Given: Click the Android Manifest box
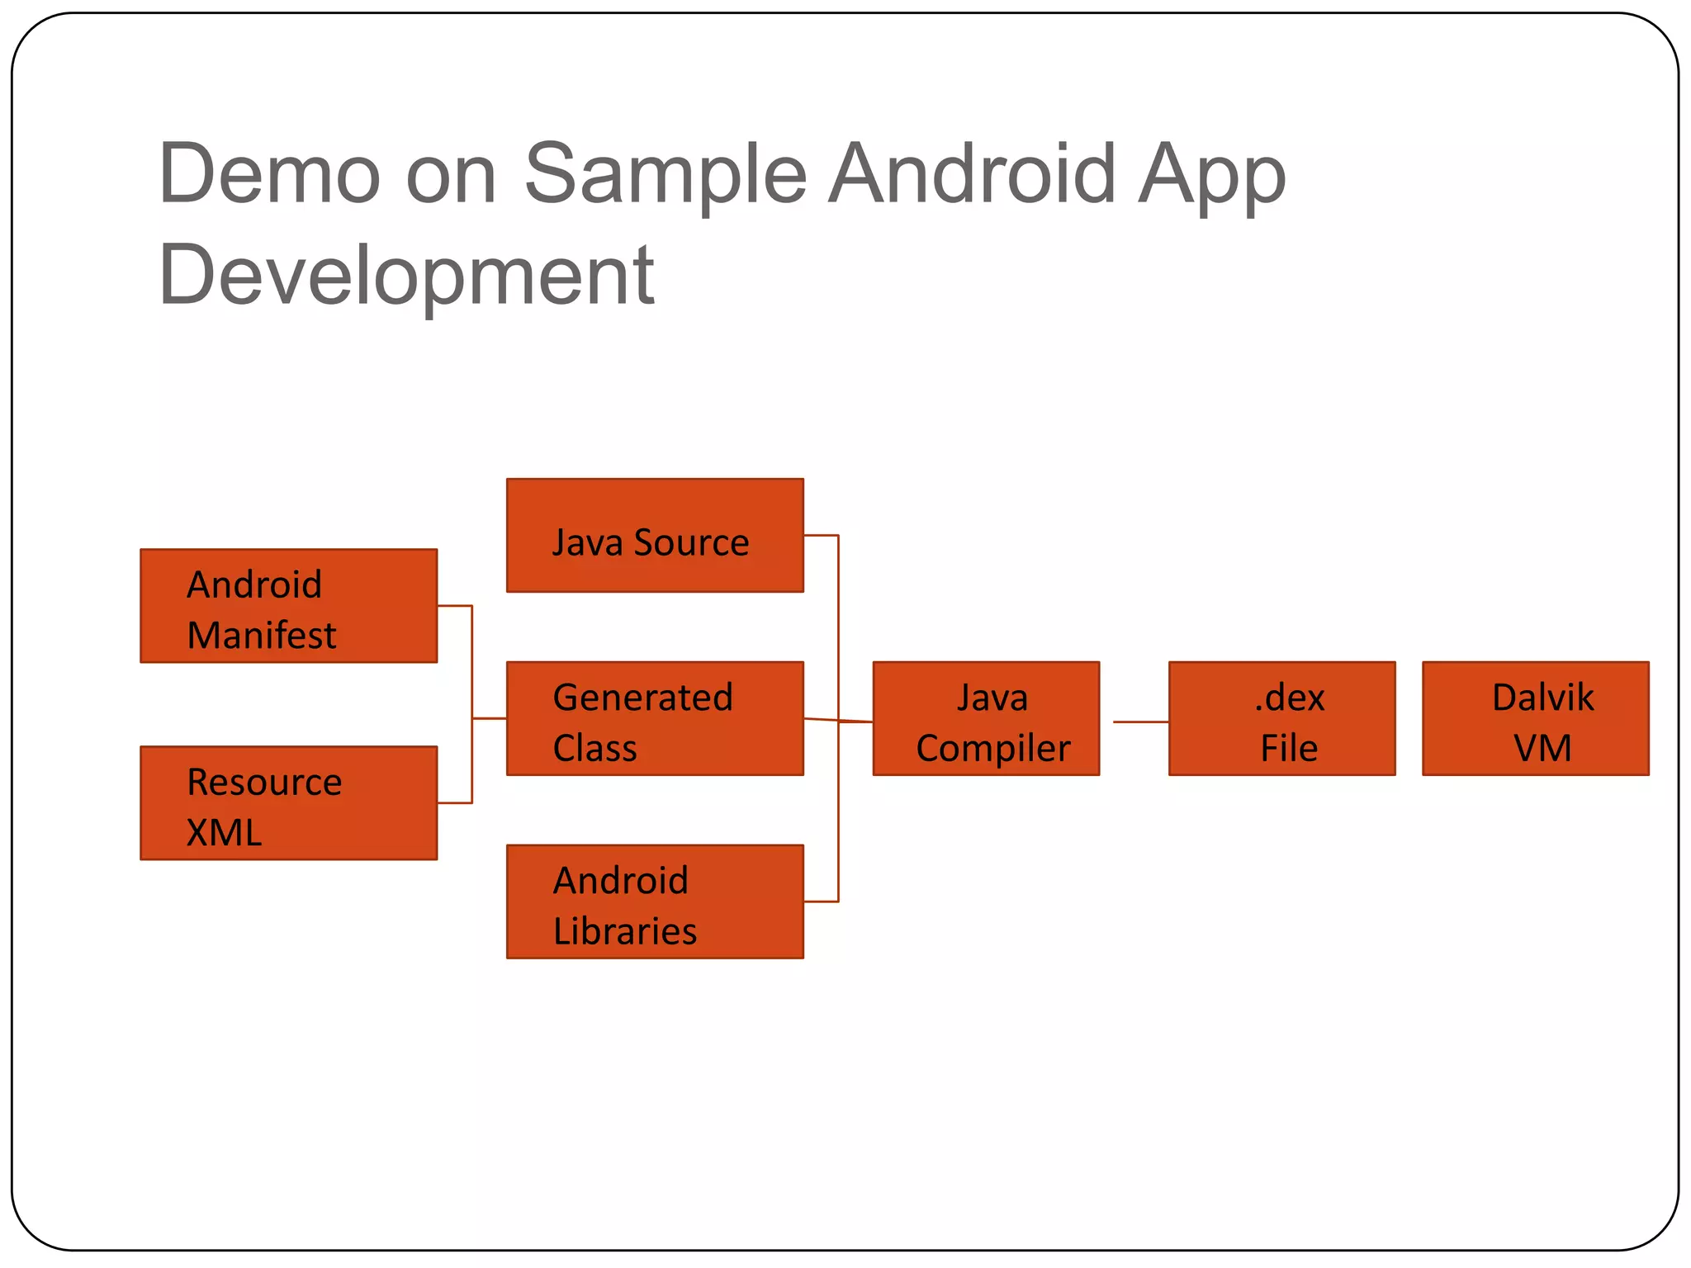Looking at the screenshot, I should pyautogui.click(x=288, y=605).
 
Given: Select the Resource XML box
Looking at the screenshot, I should pyautogui.click(x=288, y=802).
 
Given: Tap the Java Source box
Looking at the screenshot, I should pyautogui.click(x=655, y=535).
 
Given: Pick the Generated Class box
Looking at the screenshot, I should pyautogui.click(x=655, y=718).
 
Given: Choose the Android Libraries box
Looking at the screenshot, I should pyautogui.click(x=655, y=901).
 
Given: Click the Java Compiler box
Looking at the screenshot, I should pyautogui.click(x=986, y=718).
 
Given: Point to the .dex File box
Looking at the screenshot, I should pyautogui.click(x=1281, y=718).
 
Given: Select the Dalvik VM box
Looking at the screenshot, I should pyautogui.click(x=1535, y=718).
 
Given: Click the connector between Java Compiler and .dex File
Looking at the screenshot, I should pyautogui.click(x=1140, y=722).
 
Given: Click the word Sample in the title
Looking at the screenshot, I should pyautogui.click(x=666, y=175).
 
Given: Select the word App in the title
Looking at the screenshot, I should pyautogui.click(x=1211, y=175).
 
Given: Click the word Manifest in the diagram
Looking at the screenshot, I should pyautogui.click(x=262, y=635).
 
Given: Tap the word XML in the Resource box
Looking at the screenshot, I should pyautogui.click(x=224, y=832).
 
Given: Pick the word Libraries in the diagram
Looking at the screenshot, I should pyautogui.click(x=625, y=930).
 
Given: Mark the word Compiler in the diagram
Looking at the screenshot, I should pyautogui.click(x=992, y=749).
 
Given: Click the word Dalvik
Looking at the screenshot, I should pyautogui.click(x=1542, y=697).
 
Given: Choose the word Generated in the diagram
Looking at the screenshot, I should pyautogui.click(x=642, y=698).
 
